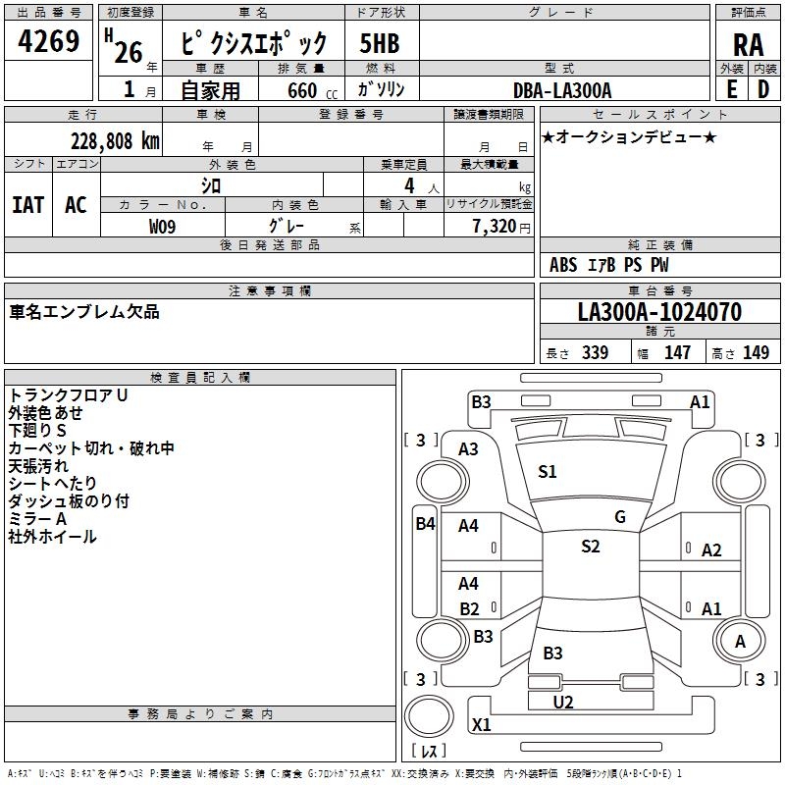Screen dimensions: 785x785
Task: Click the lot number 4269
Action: point(49,43)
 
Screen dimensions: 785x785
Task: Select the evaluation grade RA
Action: point(748,45)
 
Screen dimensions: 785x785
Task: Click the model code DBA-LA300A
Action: point(562,90)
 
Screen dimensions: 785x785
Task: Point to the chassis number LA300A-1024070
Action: point(659,313)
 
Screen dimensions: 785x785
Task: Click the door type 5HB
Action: point(380,44)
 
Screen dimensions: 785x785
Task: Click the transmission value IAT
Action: point(27,204)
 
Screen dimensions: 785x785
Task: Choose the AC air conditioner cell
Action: point(76,204)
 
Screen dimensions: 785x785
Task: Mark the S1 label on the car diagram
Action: point(548,472)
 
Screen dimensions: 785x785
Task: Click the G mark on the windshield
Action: point(620,517)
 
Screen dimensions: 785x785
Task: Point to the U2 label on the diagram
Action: point(563,702)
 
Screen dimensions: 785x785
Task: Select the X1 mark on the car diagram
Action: point(481,725)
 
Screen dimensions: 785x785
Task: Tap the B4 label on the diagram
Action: point(425,524)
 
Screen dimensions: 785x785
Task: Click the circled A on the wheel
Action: point(741,642)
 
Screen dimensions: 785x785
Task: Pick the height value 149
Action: point(756,353)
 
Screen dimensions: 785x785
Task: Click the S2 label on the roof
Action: point(590,547)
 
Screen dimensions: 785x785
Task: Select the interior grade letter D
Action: point(762,88)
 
